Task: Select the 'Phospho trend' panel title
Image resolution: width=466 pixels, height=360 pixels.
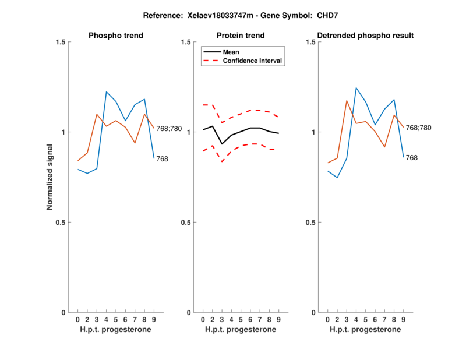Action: [115, 36]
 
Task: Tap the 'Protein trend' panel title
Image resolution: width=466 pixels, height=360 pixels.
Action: [241, 36]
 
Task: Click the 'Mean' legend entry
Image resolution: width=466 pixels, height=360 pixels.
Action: [231, 52]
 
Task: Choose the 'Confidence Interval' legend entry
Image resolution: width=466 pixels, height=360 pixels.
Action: [253, 61]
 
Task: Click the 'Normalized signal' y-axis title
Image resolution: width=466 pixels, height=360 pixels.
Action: [50, 177]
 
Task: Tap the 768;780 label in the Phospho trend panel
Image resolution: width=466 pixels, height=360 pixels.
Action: [169, 128]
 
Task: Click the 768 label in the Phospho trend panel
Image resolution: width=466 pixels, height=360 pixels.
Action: [163, 158]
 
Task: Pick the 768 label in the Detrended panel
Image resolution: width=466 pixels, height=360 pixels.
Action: [412, 157]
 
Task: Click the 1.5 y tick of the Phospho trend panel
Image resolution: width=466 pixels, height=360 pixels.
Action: [59, 42]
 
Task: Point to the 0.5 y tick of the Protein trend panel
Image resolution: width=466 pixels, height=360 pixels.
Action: [185, 222]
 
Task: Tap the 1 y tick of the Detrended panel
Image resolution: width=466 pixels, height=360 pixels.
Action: [312, 132]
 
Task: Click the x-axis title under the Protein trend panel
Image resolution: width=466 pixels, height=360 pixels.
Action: [241, 330]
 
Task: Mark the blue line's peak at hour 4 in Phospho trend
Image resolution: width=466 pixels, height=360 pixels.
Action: [107, 91]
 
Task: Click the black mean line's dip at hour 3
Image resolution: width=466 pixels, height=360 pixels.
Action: [222, 144]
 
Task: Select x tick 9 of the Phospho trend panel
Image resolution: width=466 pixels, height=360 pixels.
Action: [154, 319]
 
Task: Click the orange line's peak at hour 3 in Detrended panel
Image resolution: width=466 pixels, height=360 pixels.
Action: [347, 101]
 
